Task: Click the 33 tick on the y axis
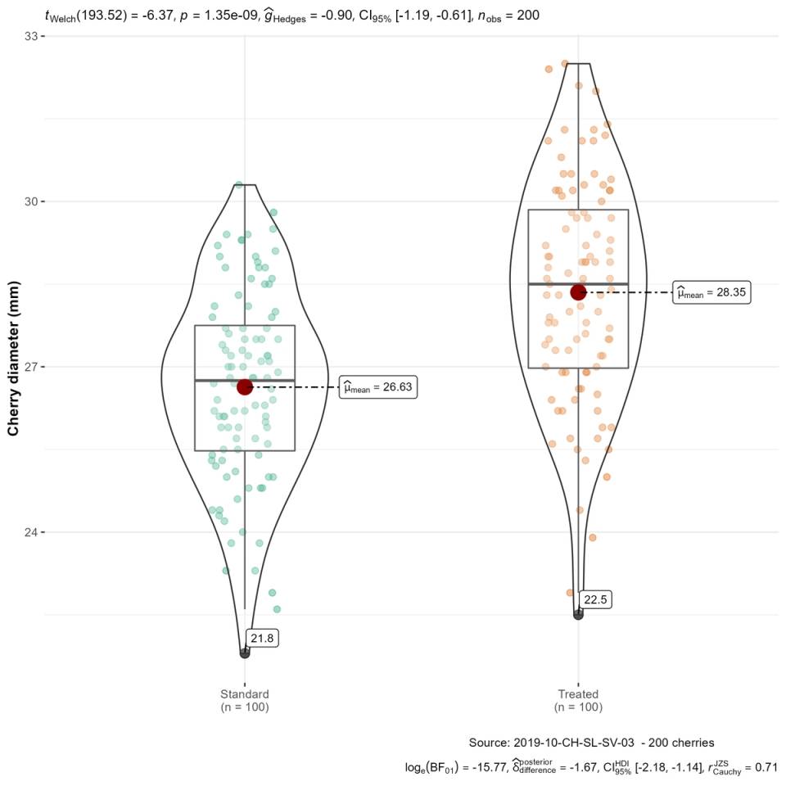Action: (x=32, y=36)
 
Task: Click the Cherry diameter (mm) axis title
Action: (x=14, y=367)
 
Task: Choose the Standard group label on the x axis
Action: (x=245, y=700)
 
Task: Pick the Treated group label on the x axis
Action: (x=578, y=700)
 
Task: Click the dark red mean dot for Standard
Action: (x=245, y=386)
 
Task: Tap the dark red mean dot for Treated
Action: (x=578, y=292)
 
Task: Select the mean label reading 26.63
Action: (x=378, y=388)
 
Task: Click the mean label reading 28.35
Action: (x=711, y=293)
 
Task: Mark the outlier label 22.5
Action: (x=595, y=600)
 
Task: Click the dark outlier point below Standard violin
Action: (x=245, y=653)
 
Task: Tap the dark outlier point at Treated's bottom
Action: (x=578, y=614)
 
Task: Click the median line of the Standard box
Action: (x=245, y=380)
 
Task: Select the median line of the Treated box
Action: (x=578, y=283)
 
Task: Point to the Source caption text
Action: (x=592, y=742)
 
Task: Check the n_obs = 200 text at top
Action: (x=508, y=14)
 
